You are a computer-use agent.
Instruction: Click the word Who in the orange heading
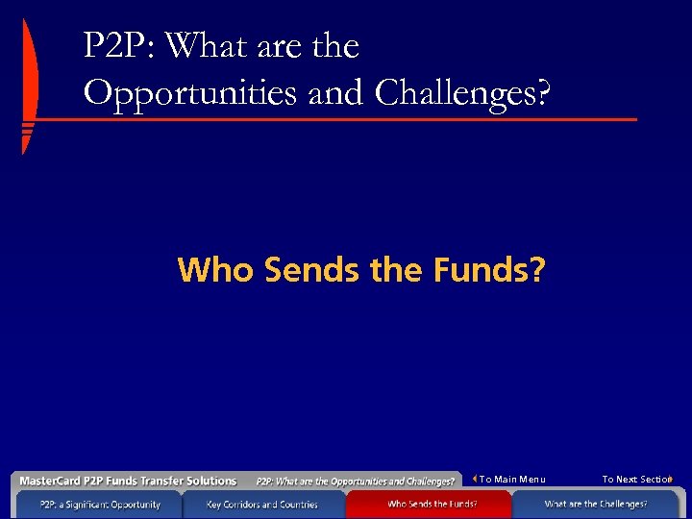coord(215,270)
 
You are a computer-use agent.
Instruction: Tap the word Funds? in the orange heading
coord(487,270)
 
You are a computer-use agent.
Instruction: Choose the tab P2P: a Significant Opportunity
coord(100,504)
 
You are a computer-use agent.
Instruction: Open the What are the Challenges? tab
coord(596,504)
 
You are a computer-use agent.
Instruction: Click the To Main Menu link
coord(512,480)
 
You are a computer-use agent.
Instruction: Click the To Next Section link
coord(635,480)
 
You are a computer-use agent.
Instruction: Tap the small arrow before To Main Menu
coord(475,479)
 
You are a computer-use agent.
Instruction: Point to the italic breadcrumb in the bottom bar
coord(355,482)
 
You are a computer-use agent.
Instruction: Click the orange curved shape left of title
coord(30,86)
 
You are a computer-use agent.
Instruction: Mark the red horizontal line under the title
coord(336,120)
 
